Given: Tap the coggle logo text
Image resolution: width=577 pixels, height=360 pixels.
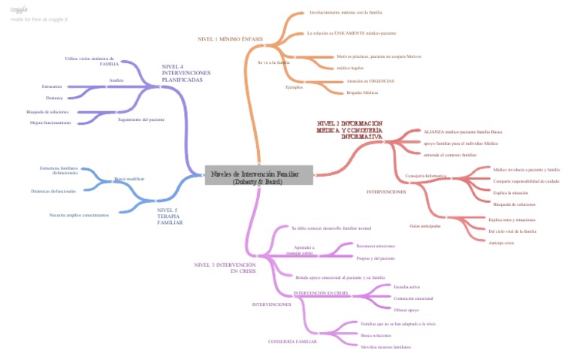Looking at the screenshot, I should pyautogui.click(x=20, y=9).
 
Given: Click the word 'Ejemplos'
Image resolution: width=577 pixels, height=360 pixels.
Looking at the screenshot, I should pyautogui.click(x=294, y=87).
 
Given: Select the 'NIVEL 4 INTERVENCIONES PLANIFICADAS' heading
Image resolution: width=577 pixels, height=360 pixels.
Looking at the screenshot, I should pyautogui.click(x=186, y=73).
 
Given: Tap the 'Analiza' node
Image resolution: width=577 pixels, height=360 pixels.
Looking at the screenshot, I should pyautogui.click(x=116, y=80).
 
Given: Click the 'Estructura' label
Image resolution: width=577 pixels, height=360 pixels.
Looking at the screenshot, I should pyautogui.click(x=52, y=86).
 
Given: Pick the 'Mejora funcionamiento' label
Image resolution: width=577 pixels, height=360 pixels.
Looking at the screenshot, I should pyautogui.click(x=50, y=123).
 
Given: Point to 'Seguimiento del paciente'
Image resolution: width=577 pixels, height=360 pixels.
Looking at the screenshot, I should pyautogui.click(x=141, y=119).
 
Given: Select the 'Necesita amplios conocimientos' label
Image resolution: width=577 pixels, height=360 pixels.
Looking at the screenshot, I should pyautogui.click(x=79, y=215).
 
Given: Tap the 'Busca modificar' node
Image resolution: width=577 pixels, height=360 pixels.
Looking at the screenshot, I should pyautogui.click(x=129, y=179).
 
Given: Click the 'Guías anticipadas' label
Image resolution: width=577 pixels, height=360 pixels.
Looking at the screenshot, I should pyautogui.click(x=424, y=225).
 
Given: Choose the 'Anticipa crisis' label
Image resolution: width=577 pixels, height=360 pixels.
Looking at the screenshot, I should pyautogui.click(x=500, y=243).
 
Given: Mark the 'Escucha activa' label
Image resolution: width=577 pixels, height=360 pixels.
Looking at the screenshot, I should pyautogui.click(x=406, y=287).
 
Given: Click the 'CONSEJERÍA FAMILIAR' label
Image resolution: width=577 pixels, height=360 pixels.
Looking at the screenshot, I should pyautogui.click(x=292, y=341).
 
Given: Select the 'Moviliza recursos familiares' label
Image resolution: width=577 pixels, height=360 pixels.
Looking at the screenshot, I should pyautogui.click(x=386, y=346).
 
